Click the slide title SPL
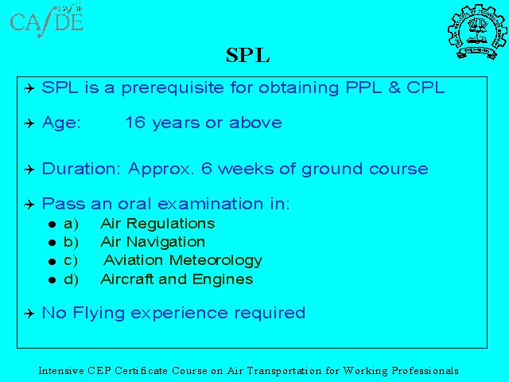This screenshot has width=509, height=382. (247, 55)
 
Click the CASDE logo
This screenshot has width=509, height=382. (47, 21)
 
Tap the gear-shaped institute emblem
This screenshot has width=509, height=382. (477, 32)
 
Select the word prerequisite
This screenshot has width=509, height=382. (173, 88)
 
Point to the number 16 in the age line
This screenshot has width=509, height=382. (134, 123)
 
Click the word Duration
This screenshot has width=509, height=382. (81, 169)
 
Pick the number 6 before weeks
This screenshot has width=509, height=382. (207, 169)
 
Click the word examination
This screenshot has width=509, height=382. (210, 204)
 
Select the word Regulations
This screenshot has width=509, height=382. (170, 224)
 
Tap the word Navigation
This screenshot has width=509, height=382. (165, 242)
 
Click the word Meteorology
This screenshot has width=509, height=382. (216, 260)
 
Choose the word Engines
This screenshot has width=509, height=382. (223, 279)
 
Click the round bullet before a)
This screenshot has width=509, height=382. (52, 224)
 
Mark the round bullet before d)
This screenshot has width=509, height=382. (52, 280)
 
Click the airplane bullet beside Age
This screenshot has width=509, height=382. (29, 123)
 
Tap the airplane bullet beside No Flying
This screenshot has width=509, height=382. (29, 314)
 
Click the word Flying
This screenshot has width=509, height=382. (99, 314)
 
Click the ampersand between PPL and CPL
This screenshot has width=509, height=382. (394, 88)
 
